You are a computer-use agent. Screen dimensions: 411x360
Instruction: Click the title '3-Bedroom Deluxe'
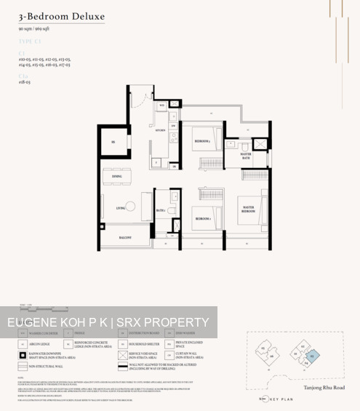pos(62,16)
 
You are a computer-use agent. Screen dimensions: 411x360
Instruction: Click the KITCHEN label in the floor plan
pos(160,130)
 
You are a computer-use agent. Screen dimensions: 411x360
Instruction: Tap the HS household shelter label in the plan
pos(113,143)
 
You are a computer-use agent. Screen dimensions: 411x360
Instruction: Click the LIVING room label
pos(121,208)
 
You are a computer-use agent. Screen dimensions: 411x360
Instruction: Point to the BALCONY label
pos(125,237)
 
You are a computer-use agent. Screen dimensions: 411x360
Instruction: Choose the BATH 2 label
pos(160,211)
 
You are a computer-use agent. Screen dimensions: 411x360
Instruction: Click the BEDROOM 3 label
pos(202,140)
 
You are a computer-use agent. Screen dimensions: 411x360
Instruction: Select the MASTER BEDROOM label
pos(248,210)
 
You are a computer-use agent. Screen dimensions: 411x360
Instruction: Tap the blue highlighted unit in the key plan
pos(313,356)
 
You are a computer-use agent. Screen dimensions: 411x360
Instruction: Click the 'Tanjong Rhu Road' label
pos(324,388)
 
